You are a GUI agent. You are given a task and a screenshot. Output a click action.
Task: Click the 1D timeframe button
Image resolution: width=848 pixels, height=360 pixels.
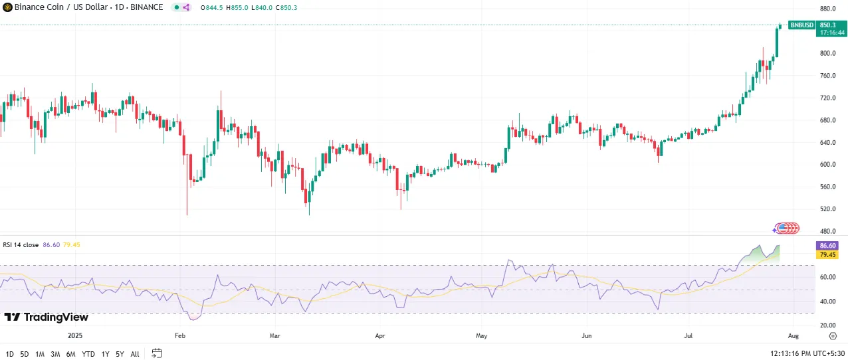tap(10, 354)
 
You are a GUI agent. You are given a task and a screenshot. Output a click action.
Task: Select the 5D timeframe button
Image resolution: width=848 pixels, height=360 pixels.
tap(25, 354)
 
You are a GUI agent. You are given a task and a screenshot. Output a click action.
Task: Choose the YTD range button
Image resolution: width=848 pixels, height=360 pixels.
tap(88, 354)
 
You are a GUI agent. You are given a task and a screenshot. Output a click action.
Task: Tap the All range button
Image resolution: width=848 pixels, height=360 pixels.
tap(135, 354)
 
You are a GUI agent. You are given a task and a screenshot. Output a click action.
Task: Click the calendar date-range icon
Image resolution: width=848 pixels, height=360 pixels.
tap(157, 353)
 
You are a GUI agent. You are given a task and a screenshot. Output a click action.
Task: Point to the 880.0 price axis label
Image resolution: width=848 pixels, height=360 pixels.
tap(827, 9)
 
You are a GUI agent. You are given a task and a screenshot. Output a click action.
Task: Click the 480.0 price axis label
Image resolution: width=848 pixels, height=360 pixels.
tap(827, 231)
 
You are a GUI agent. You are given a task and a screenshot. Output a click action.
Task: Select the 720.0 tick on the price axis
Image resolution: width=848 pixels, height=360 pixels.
tap(827, 98)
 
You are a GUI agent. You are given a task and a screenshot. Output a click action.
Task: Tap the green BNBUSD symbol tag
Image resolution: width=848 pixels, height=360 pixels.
tap(801, 25)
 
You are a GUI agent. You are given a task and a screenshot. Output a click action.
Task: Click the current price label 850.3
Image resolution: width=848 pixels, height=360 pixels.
tap(828, 25)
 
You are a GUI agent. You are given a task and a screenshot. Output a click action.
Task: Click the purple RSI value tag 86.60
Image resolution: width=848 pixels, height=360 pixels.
tap(828, 246)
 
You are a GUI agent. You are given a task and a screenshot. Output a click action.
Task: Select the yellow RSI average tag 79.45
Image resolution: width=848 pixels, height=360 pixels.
tap(828, 254)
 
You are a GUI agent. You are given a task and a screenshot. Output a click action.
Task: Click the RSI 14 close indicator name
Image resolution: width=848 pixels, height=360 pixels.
tap(21, 245)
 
